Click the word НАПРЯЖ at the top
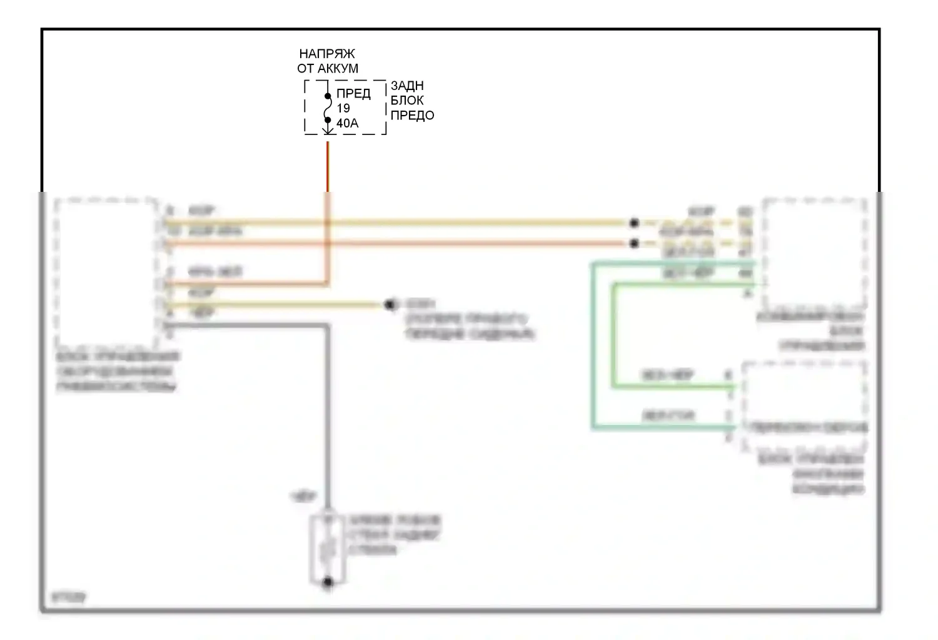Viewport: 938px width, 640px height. (x=326, y=54)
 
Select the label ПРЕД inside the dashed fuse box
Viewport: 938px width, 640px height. (x=353, y=94)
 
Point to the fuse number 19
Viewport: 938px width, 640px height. (x=343, y=108)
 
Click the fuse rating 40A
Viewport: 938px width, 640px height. (x=348, y=123)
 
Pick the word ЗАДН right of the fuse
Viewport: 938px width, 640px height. (x=407, y=86)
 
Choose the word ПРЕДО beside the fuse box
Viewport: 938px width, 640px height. (x=412, y=116)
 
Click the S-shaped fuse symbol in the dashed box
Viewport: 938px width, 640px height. (x=327, y=107)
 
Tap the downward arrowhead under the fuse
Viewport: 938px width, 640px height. (x=327, y=129)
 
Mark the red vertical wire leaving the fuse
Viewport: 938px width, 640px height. (x=327, y=166)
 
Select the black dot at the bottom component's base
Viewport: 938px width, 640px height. (x=327, y=582)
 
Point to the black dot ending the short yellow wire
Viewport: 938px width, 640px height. (x=391, y=305)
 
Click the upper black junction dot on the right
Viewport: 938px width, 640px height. (x=633, y=222)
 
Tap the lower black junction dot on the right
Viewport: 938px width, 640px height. (x=633, y=243)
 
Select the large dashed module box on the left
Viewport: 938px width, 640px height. (x=106, y=274)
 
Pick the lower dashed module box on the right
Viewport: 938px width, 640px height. (x=804, y=406)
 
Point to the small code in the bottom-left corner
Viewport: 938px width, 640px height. (x=69, y=597)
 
